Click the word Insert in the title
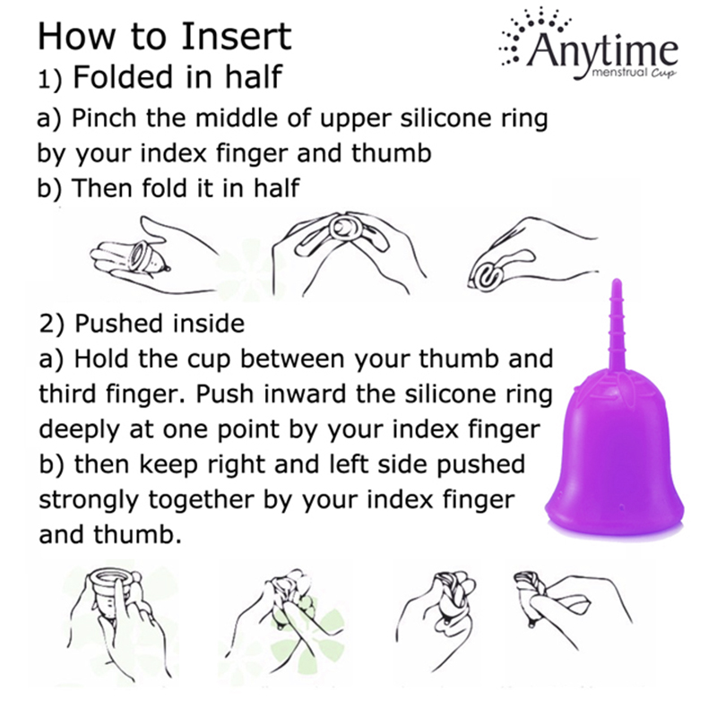point(237,36)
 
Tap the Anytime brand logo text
point(602,51)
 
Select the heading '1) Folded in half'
point(160,76)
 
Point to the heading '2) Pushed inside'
point(142,324)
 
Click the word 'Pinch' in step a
point(104,118)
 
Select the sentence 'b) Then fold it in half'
point(168,187)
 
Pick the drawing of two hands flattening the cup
point(348,253)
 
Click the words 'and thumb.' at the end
point(110,535)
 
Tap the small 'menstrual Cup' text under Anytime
point(634,73)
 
